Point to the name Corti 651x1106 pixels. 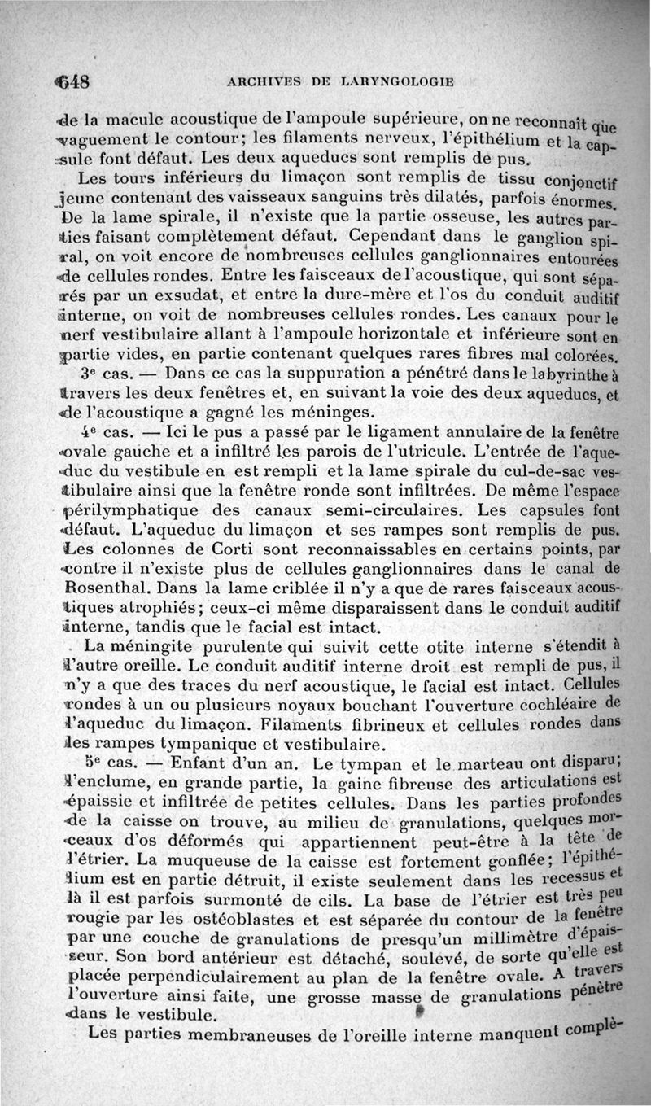tap(205, 551)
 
